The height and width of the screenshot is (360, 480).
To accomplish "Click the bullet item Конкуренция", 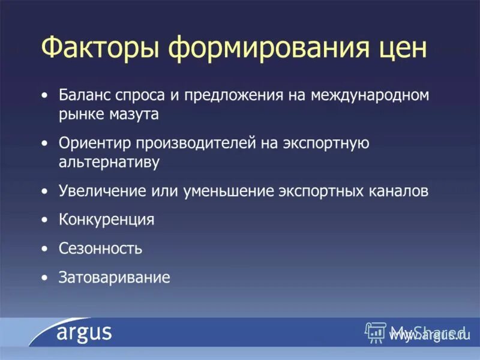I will point(107,220).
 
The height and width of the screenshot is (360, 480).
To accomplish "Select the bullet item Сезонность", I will point(100,248).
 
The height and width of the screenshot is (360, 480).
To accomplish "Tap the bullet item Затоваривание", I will point(114,277).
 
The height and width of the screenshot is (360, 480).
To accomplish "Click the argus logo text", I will point(85,333).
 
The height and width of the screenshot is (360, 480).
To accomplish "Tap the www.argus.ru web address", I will point(427,337).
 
